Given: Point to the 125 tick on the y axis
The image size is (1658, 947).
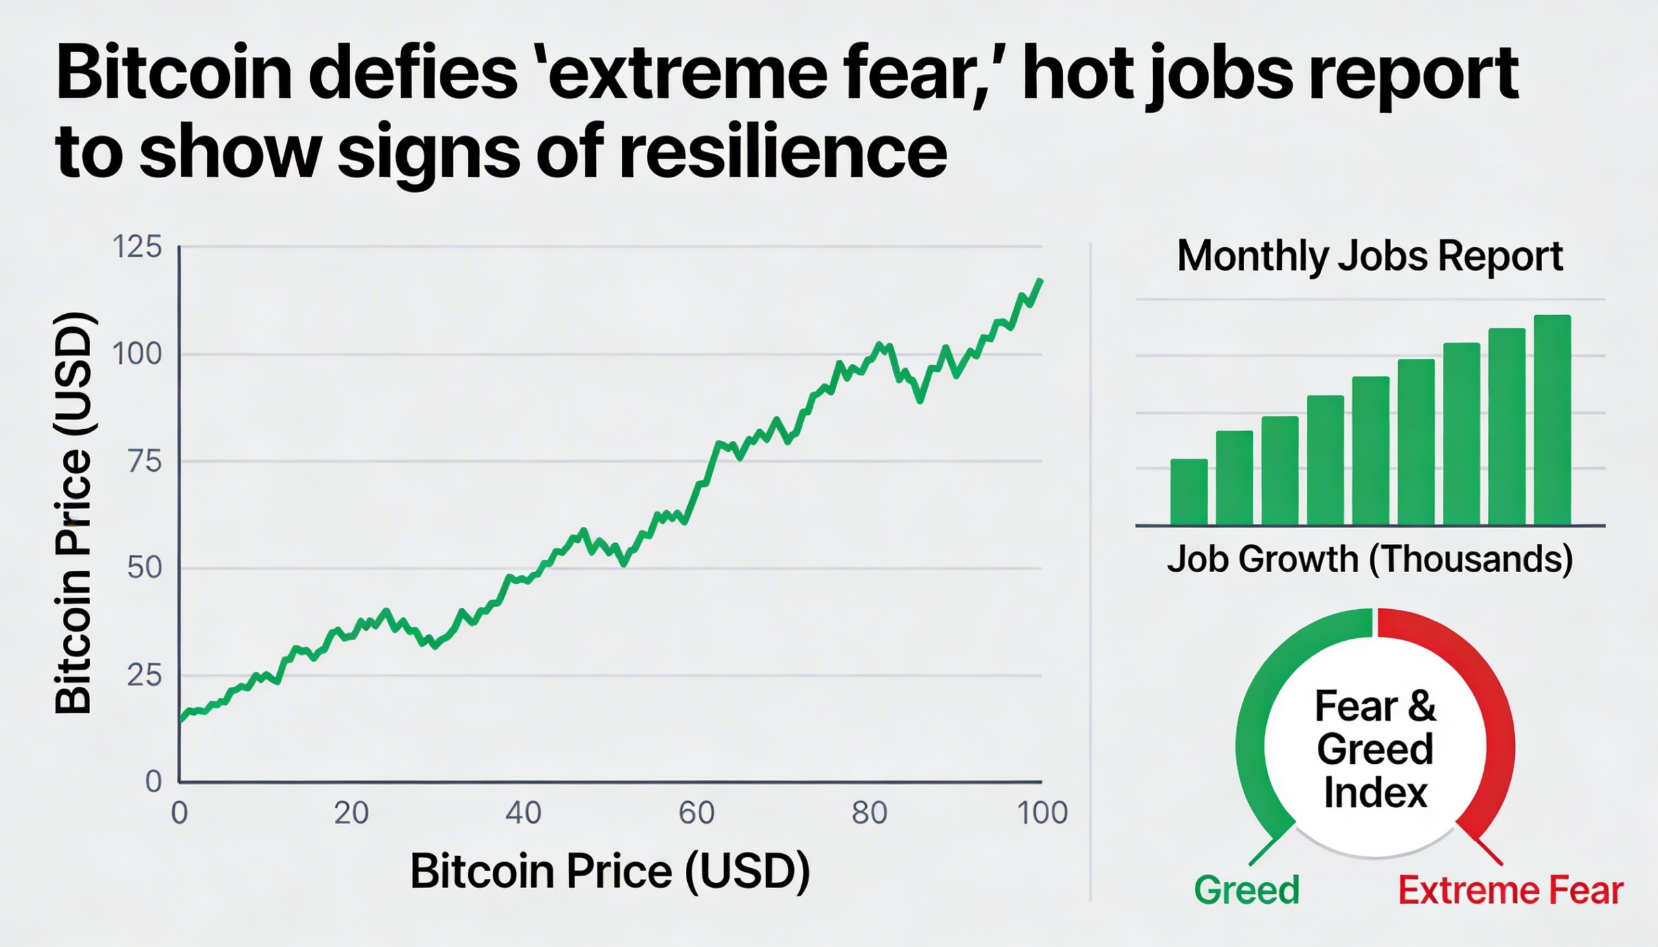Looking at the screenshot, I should point(137,247).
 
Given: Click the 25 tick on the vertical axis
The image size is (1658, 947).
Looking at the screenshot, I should point(143,676).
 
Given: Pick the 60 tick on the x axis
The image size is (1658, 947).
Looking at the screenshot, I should point(696,813).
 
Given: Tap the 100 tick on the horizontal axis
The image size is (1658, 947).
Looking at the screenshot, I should point(1043,813).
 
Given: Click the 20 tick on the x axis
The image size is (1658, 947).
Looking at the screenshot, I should point(352,813).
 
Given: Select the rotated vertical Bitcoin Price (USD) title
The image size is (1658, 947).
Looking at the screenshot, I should point(73,514).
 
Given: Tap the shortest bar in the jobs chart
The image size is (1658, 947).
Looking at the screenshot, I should point(1189,492).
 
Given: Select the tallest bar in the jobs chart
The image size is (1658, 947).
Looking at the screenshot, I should point(1552,420).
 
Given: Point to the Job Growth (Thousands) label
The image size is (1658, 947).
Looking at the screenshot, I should point(1370,559).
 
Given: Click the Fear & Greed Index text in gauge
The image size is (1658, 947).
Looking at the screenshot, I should point(1374,750).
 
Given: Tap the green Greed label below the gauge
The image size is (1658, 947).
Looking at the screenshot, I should point(1247,890).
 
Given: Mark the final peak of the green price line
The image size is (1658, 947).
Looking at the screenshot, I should point(1041,280).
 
